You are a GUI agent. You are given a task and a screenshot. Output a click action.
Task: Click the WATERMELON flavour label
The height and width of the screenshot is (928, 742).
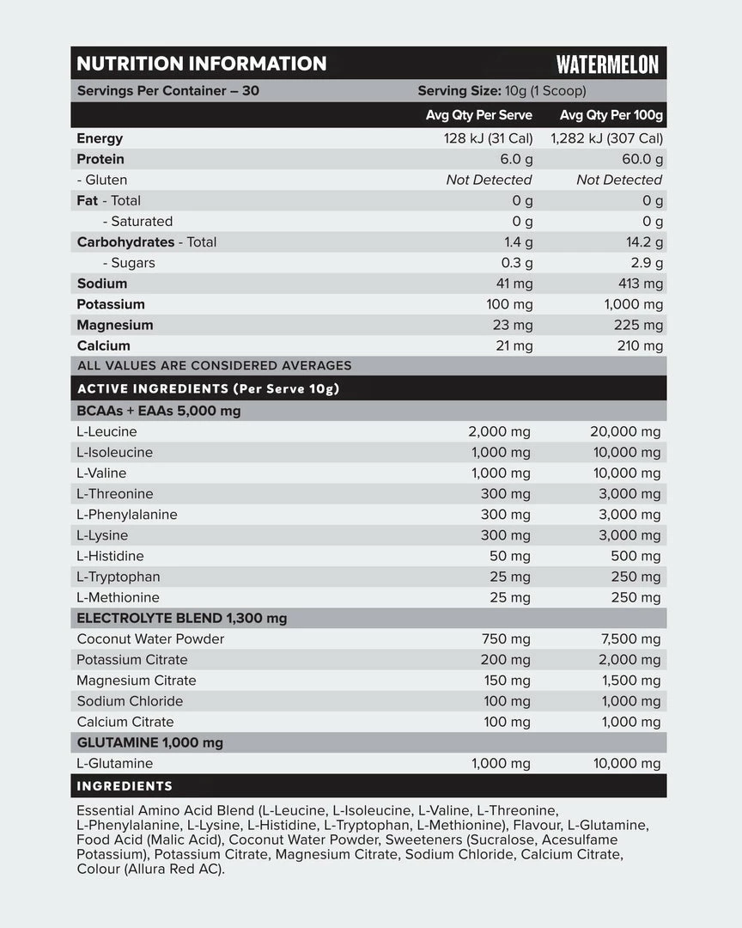tap(607, 64)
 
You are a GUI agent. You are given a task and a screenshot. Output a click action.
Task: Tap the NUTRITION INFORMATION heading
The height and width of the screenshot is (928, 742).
tap(202, 64)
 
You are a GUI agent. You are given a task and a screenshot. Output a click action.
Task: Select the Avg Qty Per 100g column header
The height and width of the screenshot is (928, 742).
tap(611, 115)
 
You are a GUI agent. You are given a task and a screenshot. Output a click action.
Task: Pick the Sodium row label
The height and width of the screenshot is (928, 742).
tap(101, 284)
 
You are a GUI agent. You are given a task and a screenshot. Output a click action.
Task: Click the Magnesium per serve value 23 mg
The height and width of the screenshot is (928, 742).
tap(513, 325)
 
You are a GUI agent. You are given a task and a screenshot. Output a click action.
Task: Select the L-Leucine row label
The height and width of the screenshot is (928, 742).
tap(106, 431)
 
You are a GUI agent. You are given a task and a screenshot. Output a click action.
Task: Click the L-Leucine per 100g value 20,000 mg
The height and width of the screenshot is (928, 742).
tap(625, 431)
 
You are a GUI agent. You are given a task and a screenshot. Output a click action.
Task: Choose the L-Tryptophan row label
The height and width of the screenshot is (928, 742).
tap(118, 577)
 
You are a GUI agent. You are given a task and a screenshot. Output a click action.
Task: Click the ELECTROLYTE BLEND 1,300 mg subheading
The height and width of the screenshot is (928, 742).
tap(182, 618)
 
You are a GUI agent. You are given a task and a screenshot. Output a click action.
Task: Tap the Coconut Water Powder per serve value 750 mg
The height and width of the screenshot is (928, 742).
tap(508, 638)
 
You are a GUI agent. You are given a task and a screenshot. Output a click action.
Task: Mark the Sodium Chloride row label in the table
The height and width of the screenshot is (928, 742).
tap(130, 701)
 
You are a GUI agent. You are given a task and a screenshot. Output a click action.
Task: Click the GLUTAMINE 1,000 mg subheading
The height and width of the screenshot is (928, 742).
tap(150, 742)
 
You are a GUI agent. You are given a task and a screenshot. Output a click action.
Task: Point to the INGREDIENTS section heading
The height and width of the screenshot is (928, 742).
tap(125, 785)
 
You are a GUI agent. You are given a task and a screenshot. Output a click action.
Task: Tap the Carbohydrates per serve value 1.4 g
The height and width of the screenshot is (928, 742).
tap(518, 242)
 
